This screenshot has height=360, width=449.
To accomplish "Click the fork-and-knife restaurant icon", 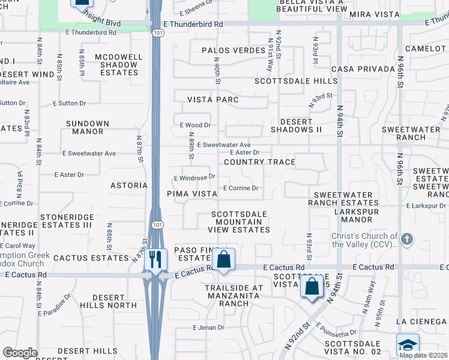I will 155,259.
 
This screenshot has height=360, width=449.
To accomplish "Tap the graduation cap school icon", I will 408,345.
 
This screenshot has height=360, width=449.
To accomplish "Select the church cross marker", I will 407,239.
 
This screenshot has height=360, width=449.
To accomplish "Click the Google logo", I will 20,353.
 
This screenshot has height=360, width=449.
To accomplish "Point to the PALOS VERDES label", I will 234,50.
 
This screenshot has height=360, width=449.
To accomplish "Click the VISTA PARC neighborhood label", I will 213,100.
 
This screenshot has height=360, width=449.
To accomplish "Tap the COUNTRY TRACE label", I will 259,162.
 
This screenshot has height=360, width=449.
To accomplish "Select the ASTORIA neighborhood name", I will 129,185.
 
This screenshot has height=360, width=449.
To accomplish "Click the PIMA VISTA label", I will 192,194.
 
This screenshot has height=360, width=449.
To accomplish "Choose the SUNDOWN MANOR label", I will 88,127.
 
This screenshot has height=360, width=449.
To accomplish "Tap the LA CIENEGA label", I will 424,322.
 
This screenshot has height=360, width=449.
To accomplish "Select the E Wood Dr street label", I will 195,125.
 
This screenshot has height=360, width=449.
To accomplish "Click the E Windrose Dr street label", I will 194,178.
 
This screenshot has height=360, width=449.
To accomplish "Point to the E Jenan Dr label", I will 208,328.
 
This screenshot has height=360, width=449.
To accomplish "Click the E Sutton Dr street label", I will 13,103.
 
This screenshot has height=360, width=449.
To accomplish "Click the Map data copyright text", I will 423,355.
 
